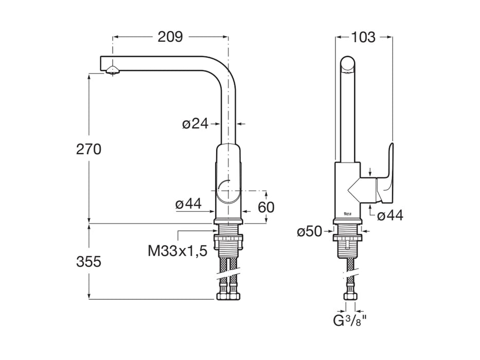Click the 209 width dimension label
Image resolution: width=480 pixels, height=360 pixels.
coord(170,37)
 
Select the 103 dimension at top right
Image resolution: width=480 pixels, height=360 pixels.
coord(363,37)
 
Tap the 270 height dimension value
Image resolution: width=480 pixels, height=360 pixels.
coord(88,149)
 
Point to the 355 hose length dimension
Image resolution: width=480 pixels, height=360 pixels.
coord(88,261)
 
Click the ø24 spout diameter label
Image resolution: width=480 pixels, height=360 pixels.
coord(194,123)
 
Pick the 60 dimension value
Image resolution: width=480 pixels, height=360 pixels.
coord(265,207)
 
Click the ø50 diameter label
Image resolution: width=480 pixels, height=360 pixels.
coord(309,232)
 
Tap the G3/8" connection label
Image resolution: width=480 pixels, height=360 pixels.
coord(349,322)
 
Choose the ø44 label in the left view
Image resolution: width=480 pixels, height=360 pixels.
coord(187,204)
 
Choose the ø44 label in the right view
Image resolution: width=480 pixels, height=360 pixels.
coord(390,215)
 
